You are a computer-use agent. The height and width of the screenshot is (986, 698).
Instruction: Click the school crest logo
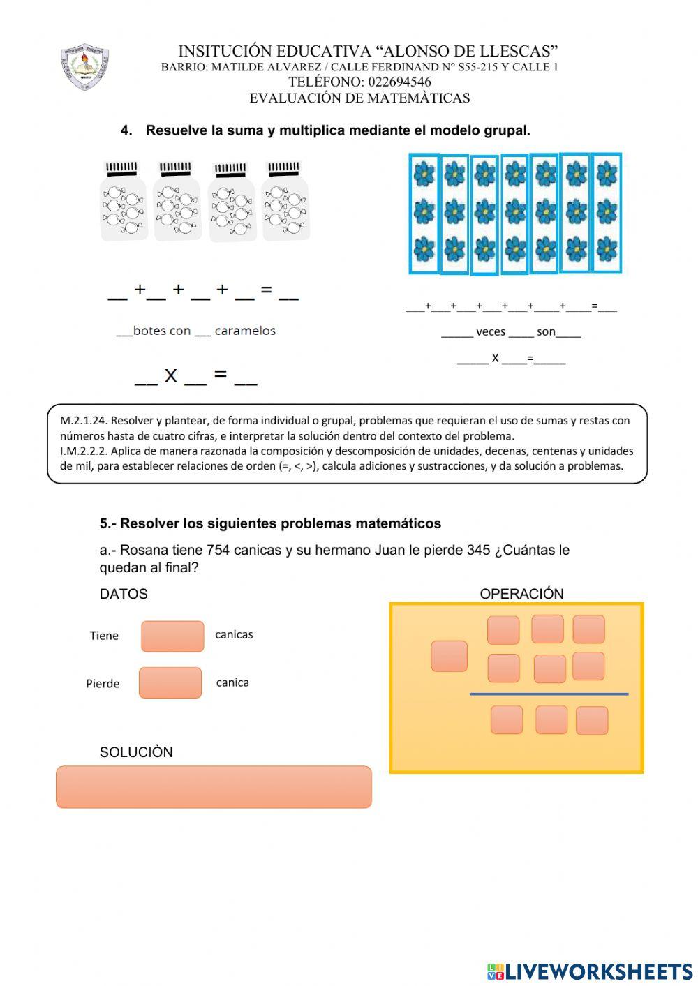(84, 66)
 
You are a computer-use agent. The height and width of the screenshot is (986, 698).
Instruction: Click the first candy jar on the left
(124, 202)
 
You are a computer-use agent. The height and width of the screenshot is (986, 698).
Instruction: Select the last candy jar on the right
(285, 202)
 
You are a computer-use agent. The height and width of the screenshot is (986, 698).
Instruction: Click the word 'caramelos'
(245, 331)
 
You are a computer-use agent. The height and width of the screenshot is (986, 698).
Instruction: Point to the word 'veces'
(491, 332)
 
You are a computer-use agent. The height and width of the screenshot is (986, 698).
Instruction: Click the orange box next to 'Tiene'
(172, 636)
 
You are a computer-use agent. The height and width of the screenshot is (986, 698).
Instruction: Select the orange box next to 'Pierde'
(170, 682)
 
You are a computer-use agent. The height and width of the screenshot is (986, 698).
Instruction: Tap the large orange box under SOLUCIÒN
(214, 787)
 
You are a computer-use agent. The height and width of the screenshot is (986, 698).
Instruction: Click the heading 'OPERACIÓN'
(521, 594)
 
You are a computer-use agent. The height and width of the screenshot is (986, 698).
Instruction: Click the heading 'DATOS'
(124, 594)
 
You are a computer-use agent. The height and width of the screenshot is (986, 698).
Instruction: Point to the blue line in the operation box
(549, 694)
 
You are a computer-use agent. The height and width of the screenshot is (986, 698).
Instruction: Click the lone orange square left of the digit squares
(449, 656)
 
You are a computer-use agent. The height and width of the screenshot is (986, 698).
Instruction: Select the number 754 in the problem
(218, 551)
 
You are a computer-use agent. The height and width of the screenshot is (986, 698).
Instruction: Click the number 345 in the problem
(478, 551)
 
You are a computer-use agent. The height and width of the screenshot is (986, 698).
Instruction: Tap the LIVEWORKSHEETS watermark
(590, 971)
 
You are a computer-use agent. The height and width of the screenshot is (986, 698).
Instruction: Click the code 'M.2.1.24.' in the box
(84, 421)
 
